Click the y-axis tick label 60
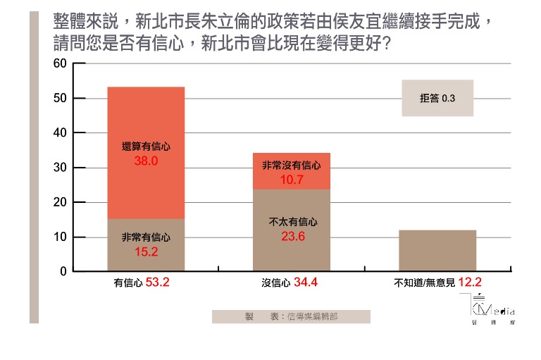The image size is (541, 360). point(60,63)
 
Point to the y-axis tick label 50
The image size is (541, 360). point(60,98)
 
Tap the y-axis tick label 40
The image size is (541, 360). point(60,132)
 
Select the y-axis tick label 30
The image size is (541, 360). point(60,168)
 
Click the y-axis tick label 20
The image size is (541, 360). point(60,202)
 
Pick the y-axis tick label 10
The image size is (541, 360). point(60,237)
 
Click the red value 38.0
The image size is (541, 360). point(145,160)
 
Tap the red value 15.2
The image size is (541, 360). point(145,250)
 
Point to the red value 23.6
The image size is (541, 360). point(291,236)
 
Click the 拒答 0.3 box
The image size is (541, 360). point(437,98)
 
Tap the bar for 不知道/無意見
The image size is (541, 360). point(437,251)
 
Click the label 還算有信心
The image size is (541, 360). point(145,147)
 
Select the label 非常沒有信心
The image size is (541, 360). point(291,166)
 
